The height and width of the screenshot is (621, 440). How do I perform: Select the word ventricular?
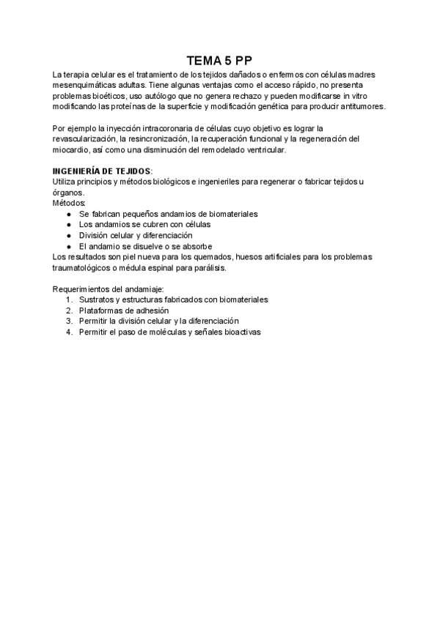(x=267, y=149)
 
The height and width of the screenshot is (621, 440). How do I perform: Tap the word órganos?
(x=69, y=192)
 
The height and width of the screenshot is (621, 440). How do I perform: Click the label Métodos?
(x=69, y=203)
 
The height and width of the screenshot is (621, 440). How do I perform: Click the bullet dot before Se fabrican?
(x=68, y=214)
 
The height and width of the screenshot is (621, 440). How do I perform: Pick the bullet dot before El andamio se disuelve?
(x=68, y=246)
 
